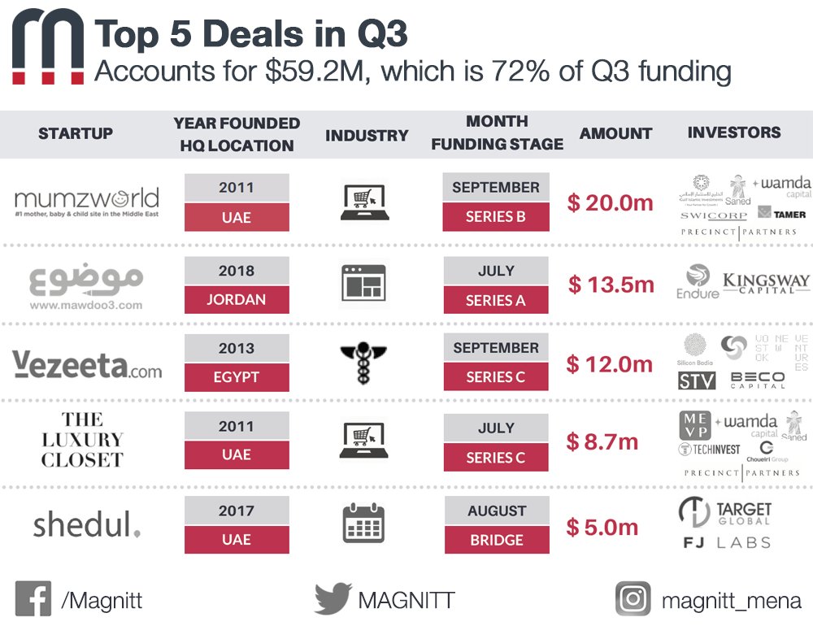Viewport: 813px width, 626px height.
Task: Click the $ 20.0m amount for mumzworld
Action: coord(611,202)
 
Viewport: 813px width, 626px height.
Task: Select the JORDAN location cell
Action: coord(237,299)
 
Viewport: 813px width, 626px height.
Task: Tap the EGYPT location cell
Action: coord(237,377)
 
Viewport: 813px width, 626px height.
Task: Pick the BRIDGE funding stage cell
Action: coord(496,540)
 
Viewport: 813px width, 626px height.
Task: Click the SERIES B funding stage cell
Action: coord(496,217)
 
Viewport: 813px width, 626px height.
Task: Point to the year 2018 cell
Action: coord(237,270)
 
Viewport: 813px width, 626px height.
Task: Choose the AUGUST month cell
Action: coord(496,511)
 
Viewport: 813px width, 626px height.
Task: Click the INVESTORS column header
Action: coord(734,133)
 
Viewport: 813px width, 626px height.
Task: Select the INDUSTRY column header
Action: coord(367,136)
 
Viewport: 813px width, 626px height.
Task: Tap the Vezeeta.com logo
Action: coord(88,363)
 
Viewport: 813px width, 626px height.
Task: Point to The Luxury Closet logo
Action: coord(81,440)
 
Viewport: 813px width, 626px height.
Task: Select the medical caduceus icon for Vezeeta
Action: coord(363,363)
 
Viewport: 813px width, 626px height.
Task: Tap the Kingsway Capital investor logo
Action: coord(766,283)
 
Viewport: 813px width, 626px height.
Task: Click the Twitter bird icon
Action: coord(333,599)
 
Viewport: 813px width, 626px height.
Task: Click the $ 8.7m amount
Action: coord(602,442)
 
